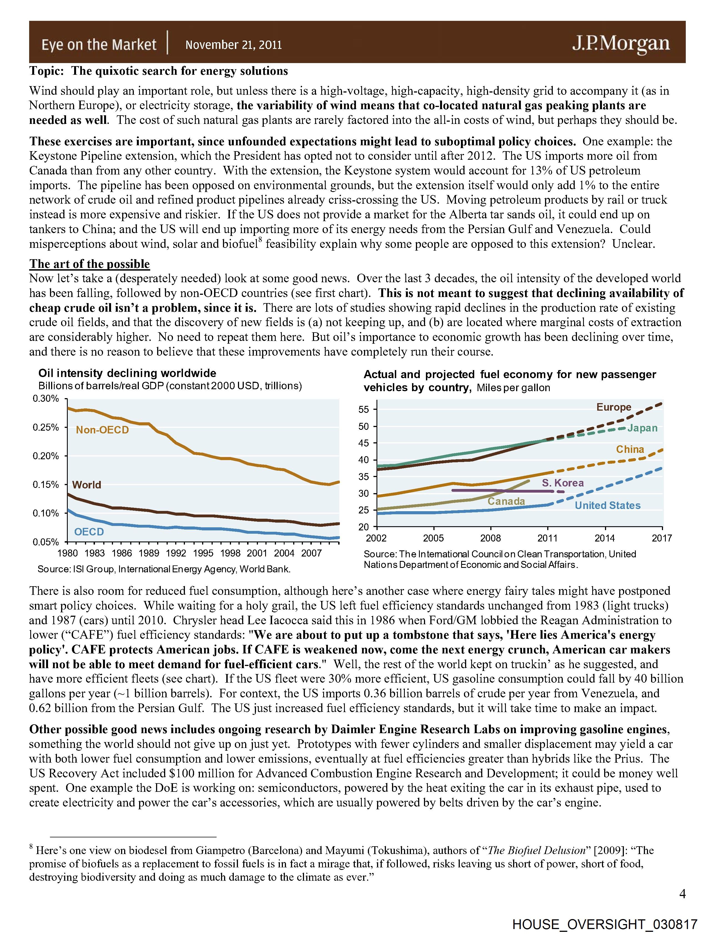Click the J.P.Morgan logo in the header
pos(621,44)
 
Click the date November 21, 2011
pos(234,45)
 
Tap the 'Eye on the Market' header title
pos(99,44)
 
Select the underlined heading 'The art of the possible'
pos(89,264)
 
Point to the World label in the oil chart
pos(86,485)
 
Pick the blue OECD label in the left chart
pos(89,532)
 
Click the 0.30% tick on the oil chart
pos(46,399)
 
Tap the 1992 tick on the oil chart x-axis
pos(175,553)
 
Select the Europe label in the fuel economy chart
pos(613,407)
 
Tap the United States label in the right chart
pos(607,505)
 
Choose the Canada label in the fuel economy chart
pos(506,501)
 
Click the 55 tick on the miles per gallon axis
pos(364,410)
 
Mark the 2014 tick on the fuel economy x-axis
pos(605,538)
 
